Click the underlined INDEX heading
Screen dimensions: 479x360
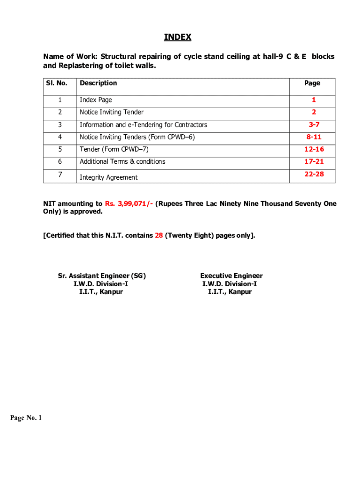tap(178, 37)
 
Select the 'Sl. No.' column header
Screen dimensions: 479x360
tap(56, 83)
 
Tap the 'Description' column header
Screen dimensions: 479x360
tap(98, 83)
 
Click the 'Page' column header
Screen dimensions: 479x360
tap(312, 83)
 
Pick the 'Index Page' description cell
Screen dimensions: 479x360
tap(96, 100)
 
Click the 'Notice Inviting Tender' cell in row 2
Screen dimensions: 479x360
tap(111, 112)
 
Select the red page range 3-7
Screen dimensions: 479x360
tap(314, 125)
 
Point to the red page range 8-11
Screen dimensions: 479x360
tap(314, 137)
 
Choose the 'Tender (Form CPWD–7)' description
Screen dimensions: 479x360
tap(114, 149)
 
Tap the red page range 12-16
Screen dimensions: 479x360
tap(314, 149)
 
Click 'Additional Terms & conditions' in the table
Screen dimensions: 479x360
tap(122, 161)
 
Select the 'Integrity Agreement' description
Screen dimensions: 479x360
tap(108, 177)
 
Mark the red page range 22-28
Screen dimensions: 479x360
tap(314, 174)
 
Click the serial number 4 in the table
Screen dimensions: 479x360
tap(59, 137)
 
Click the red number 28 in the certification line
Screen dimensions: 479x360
tap(159, 236)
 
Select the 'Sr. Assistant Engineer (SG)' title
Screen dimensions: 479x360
tap(102, 276)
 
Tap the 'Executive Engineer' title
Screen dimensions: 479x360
tap(231, 276)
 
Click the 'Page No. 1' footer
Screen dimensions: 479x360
tap(26, 418)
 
